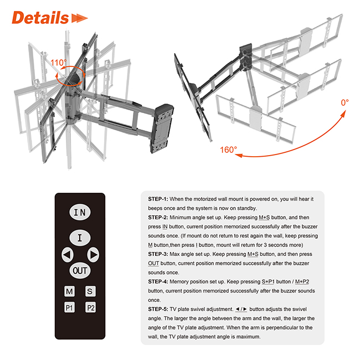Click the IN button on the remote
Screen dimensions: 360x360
(80, 212)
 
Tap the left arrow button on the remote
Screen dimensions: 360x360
(68, 255)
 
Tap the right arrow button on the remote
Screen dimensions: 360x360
(93, 255)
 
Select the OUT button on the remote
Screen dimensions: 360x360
(80, 270)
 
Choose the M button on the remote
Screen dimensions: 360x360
(69, 291)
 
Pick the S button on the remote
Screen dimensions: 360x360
(90, 291)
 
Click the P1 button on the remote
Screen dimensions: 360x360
(69, 307)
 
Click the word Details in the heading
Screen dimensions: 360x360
(40, 18)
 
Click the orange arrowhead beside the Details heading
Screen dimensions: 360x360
(79, 18)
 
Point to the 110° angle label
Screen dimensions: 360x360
(58, 63)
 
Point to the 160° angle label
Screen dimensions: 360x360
(228, 150)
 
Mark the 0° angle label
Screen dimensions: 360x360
(344, 102)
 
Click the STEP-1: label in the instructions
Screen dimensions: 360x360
(158, 199)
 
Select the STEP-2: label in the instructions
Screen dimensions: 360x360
(158, 218)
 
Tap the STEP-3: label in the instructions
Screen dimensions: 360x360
(158, 254)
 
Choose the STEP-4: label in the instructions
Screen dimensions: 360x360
(158, 281)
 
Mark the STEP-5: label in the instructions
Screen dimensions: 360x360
(158, 309)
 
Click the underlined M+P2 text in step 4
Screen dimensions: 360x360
(302, 281)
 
